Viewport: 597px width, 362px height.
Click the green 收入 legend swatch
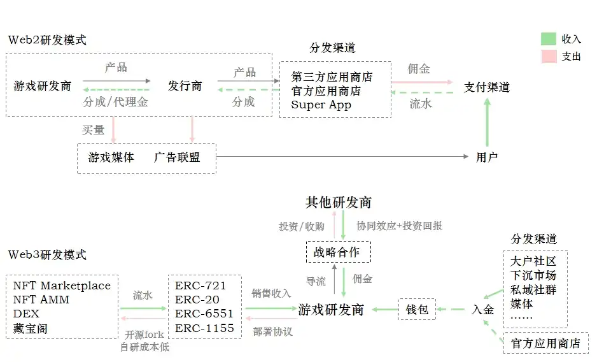click(548, 39)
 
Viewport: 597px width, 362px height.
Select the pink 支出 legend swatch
click(548, 56)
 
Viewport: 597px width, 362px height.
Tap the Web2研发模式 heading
click(47, 40)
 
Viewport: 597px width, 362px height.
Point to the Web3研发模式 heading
click(47, 255)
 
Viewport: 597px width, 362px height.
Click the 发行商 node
click(185, 85)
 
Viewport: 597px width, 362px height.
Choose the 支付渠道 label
click(487, 87)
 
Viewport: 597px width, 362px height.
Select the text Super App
click(321, 105)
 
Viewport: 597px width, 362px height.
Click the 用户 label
click(487, 157)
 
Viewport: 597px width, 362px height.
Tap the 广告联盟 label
click(177, 157)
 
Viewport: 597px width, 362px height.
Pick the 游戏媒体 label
click(111, 157)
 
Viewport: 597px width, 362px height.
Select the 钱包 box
click(417, 310)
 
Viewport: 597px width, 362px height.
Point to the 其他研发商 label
click(338, 202)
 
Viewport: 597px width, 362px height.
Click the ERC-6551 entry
click(204, 314)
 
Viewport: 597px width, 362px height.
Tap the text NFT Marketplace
click(62, 286)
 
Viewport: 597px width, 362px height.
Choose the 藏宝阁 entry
click(30, 329)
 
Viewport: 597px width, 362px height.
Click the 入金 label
click(483, 310)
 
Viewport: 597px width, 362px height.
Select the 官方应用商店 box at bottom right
click(545, 344)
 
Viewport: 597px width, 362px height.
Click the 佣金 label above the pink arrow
click(419, 69)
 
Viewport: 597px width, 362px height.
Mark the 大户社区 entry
click(533, 261)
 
